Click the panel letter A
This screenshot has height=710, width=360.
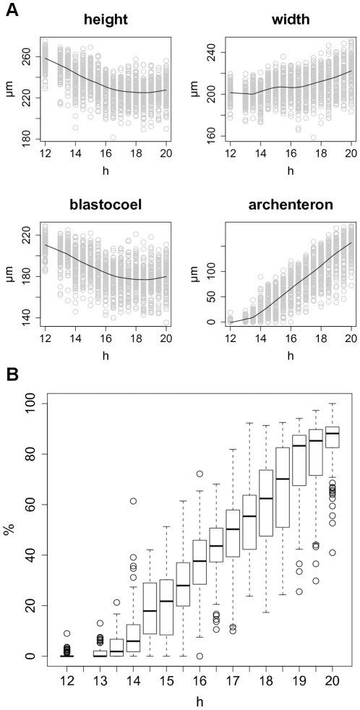12,9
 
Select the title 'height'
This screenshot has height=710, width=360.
106,21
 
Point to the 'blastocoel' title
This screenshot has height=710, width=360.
106,206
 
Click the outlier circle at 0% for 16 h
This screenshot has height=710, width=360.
200,656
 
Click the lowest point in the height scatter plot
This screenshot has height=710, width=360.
113,137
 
